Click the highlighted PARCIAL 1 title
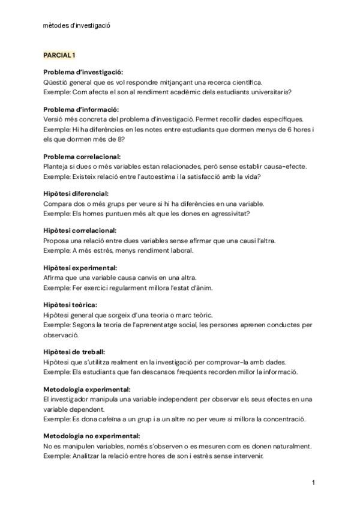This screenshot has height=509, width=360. tap(59, 55)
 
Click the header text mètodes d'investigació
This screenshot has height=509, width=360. tap(77, 25)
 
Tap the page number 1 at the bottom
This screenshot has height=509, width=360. tap(313, 482)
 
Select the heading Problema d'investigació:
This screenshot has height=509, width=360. tap(83, 72)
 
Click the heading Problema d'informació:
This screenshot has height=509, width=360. tap(81, 109)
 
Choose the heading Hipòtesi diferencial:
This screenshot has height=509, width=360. tap(76, 193)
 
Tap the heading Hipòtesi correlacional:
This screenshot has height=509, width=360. tap(80, 230)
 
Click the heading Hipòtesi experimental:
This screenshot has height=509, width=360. tap(80, 268)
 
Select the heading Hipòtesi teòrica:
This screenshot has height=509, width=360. tap(70, 305)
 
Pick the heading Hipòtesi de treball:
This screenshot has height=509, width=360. tap(74, 352)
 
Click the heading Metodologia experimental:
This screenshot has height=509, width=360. tap(87, 389)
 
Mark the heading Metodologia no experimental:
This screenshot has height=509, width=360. tap(92, 436)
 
